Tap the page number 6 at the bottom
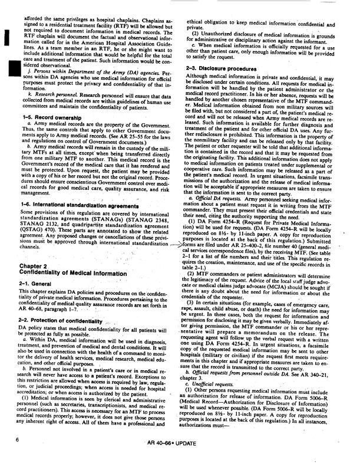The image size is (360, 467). tap(19, 456)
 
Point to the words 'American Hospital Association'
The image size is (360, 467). tap(116, 37)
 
